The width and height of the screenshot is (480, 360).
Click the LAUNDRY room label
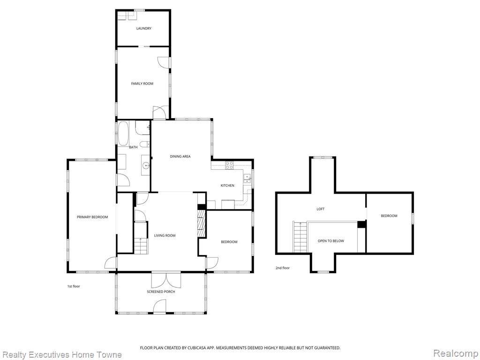[143, 29]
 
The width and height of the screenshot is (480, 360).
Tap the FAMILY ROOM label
[142, 83]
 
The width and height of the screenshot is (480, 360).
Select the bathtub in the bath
[123, 134]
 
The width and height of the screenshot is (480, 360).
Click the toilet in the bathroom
[144, 144]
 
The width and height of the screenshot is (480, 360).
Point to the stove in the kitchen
[229, 165]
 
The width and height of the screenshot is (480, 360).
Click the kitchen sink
[247, 179]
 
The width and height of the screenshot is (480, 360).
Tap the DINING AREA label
[180, 157]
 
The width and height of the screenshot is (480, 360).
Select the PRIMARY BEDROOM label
[92, 217]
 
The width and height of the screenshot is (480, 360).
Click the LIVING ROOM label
[165, 235]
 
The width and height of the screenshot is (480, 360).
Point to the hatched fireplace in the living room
[202, 223]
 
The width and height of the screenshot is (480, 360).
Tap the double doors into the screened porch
[166, 280]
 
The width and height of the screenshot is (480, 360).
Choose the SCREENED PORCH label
[161, 292]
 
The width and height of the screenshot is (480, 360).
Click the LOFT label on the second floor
[321, 209]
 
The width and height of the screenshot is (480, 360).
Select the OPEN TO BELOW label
[331, 241]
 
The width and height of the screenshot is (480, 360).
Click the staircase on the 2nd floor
[300, 237]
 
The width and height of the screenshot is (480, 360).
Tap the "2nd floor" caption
[283, 268]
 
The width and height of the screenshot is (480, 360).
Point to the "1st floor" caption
[74, 286]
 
